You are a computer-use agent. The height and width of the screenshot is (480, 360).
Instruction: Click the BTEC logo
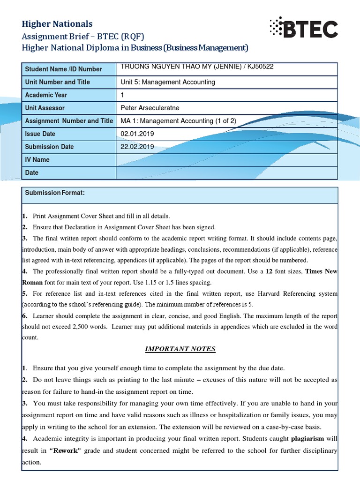[303, 29]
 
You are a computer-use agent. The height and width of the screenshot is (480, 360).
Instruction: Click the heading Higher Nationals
[58, 24]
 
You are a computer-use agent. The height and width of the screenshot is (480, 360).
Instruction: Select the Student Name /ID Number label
[63, 69]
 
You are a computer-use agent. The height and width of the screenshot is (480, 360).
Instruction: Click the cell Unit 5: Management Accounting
[168, 82]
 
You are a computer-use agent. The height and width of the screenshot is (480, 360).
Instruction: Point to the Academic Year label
[46, 95]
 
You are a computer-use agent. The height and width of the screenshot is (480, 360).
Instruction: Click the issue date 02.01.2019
[137, 134]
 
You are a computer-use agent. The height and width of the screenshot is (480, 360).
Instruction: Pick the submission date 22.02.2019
[137, 147]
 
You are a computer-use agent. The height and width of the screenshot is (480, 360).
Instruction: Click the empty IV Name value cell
[226, 160]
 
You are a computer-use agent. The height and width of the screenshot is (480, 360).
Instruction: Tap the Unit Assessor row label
[45, 108]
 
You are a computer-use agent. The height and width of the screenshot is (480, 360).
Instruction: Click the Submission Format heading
[55, 193]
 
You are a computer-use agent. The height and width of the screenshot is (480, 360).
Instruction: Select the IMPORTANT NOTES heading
[180, 349]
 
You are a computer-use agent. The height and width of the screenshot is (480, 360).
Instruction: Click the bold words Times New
[321, 271]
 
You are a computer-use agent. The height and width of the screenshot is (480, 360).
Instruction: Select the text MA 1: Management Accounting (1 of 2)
[179, 121]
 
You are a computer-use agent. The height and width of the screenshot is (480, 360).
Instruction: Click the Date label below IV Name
[32, 172]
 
